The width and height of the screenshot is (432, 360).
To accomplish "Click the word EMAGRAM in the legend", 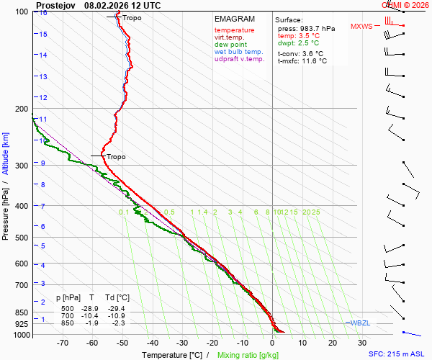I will click(x=235, y=19).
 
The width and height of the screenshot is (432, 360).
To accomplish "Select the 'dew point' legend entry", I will click(x=230, y=45).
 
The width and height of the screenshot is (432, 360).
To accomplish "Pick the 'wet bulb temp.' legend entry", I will click(x=239, y=52).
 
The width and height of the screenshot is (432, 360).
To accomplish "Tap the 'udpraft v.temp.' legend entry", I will click(x=240, y=59).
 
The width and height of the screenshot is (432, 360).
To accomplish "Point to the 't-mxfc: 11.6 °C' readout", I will click(x=302, y=61).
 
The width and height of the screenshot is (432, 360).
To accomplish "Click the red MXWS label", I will click(x=361, y=27).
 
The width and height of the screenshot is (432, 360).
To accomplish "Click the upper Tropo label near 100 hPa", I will click(x=132, y=17).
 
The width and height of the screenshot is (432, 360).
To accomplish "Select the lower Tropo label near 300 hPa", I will click(x=116, y=157).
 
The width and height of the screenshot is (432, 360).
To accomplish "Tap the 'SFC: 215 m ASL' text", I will click(x=399, y=354).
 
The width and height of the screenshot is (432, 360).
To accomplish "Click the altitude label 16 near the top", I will click(x=43, y=13).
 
